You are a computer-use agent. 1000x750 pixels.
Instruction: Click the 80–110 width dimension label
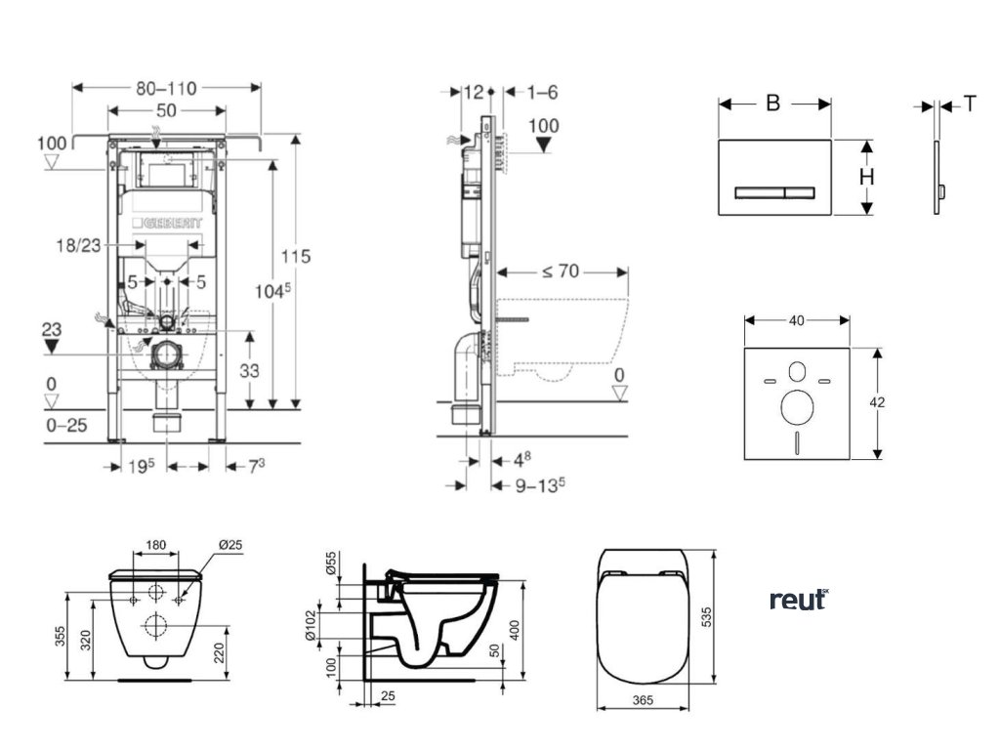tap(167, 88)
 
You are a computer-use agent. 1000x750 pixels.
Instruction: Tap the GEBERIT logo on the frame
tap(174, 225)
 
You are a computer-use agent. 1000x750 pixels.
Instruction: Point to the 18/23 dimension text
tap(78, 247)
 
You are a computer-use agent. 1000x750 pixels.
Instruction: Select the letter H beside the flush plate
tap(866, 177)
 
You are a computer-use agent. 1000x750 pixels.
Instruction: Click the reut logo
tap(798, 600)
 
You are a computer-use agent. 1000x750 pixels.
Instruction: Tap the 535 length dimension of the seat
tap(731, 617)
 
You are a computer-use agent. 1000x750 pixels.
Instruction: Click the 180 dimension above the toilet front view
tap(155, 545)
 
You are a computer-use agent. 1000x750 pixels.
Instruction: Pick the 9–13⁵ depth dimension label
tap(528, 484)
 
